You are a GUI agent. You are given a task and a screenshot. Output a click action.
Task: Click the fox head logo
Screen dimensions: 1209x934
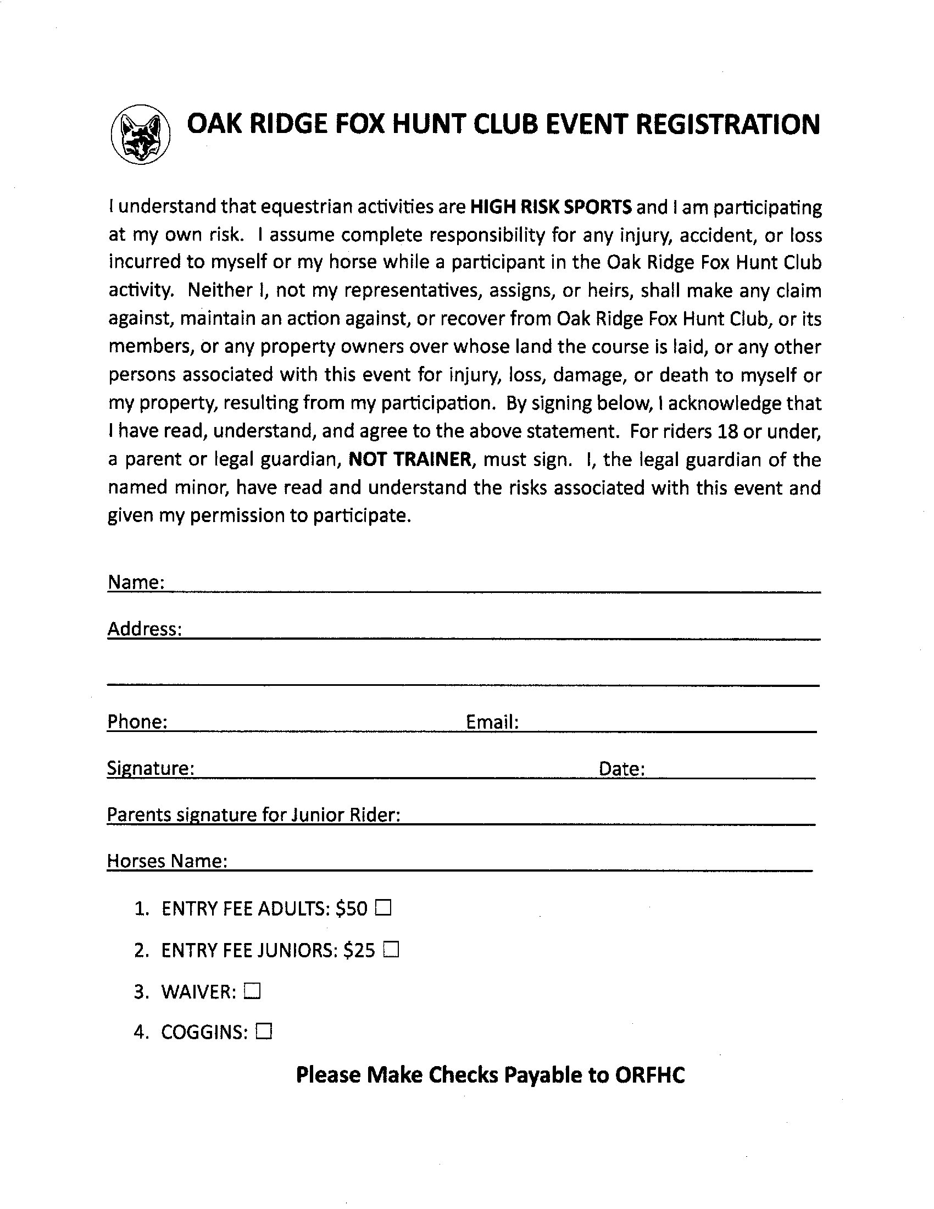click(x=141, y=135)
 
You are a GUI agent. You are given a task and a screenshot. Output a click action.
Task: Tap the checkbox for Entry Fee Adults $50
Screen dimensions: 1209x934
click(x=383, y=908)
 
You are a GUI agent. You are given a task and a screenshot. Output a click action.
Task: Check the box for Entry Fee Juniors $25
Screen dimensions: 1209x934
click(x=391, y=950)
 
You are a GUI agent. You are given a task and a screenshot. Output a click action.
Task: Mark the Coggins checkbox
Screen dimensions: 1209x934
click(x=264, y=1032)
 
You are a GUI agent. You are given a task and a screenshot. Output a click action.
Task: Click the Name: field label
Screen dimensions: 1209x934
click(x=136, y=583)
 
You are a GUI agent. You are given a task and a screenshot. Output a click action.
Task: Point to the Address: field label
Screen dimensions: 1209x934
click(x=144, y=629)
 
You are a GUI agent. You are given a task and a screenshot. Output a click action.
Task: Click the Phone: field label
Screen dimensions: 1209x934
click(x=137, y=722)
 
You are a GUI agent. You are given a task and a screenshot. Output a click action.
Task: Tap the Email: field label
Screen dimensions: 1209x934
click(x=492, y=722)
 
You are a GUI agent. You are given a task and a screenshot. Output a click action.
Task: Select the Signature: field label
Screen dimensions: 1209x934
click(x=151, y=768)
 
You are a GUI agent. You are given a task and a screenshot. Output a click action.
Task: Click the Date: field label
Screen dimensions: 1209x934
click(x=622, y=769)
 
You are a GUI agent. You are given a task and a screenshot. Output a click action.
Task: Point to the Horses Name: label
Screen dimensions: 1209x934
click(x=167, y=861)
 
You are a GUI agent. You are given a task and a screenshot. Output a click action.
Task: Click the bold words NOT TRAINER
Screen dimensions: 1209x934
click(x=410, y=459)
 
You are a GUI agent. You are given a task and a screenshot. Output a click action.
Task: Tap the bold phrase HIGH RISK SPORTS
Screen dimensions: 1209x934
click(x=551, y=207)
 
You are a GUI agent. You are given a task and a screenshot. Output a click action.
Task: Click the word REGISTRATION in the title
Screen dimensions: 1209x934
click(x=727, y=124)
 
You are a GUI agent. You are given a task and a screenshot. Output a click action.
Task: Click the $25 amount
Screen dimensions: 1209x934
click(x=359, y=951)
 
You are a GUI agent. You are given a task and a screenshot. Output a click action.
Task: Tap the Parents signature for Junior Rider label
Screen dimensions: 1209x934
click(x=253, y=815)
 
